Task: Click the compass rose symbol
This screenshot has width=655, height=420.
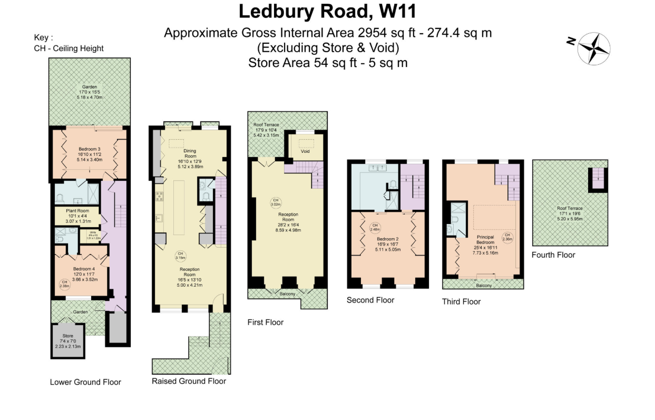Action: tap(594, 48)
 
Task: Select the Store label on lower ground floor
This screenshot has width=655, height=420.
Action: tap(68, 336)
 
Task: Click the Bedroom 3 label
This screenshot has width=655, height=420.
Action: tap(89, 148)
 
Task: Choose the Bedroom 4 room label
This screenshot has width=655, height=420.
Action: tap(83, 269)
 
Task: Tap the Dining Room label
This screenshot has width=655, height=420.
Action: tap(190, 153)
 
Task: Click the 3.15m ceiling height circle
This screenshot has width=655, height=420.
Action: tap(180, 256)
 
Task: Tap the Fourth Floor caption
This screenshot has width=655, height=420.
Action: tap(553, 255)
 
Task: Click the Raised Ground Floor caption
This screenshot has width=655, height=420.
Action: tap(189, 381)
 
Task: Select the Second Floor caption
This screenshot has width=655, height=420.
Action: tap(370, 300)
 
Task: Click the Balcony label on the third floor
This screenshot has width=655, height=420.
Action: tap(483, 286)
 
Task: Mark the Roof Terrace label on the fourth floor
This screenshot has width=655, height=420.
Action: tap(570, 208)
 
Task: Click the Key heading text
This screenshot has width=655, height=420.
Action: tap(44, 38)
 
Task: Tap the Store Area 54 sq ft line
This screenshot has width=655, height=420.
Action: tap(327, 63)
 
